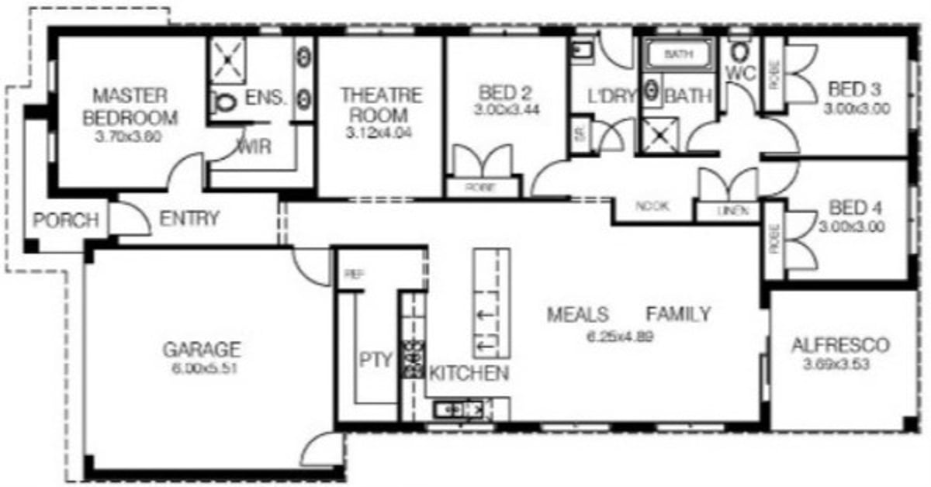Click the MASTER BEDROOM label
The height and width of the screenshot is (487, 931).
pyautogui.click(x=130, y=107)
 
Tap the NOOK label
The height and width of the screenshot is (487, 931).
pyautogui.click(x=652, y=206)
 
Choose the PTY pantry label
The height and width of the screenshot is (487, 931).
pyautogui.click(x=377, y=360)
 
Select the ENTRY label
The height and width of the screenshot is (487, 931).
pyautogui.click(x=189, y=219)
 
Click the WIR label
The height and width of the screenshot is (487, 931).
pyautogui.click(x=255, y=147)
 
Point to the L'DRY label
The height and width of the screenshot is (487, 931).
pyautogui.click(x=612, y=97)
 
